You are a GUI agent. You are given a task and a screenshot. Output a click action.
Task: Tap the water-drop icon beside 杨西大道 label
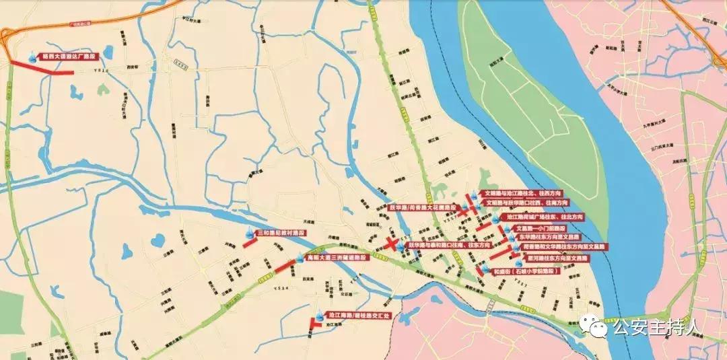33,59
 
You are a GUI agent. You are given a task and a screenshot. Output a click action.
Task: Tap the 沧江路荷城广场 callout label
545,218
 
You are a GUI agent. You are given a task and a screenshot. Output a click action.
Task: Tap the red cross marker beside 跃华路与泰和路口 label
392,245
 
